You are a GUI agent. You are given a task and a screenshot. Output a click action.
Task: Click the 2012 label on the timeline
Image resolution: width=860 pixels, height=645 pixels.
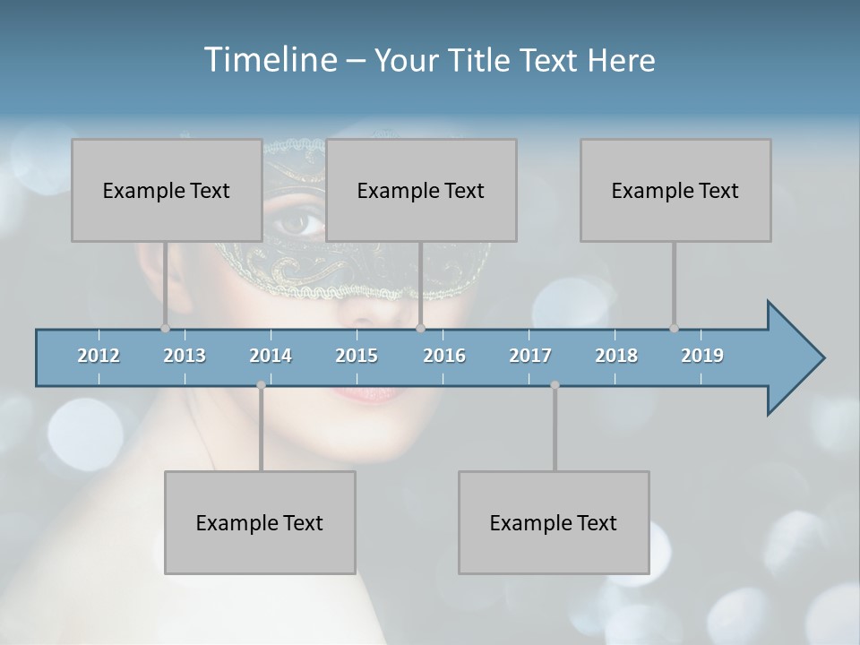(99, 356)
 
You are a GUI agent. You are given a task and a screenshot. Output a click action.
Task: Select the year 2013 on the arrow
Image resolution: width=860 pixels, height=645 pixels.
(185, 356)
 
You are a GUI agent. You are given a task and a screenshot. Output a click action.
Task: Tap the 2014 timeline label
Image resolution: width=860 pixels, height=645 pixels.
(271, 356)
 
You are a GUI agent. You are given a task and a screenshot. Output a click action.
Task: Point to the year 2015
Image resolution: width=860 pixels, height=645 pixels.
(357, 356)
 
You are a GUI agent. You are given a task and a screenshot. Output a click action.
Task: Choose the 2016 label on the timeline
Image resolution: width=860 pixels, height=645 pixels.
(444, 356)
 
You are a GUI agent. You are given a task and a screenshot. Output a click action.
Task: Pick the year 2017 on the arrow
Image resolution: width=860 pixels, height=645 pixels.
(530, 356)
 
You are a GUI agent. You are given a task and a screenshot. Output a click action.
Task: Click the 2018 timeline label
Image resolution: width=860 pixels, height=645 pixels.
(616, 356)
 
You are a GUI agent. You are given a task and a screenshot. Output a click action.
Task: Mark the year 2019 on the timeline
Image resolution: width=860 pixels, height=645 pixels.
(702, 356)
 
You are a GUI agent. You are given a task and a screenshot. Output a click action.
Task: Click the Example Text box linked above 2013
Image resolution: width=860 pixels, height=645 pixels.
(167, 190)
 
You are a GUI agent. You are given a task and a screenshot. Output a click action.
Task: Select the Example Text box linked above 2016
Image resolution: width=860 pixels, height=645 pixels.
(421, 190)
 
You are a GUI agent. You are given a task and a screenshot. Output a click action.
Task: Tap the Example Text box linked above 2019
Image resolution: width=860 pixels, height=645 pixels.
(675, 190)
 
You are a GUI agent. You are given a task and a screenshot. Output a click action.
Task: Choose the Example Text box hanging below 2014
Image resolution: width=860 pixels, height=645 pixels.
(260, 522)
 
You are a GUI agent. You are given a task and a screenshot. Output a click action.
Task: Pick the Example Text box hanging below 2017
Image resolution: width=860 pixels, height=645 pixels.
(554, 522)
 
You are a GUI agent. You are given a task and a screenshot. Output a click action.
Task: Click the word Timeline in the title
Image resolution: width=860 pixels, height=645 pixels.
(270, 60)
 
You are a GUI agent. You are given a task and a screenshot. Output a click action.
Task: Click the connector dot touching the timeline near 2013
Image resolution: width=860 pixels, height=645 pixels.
(165, 328)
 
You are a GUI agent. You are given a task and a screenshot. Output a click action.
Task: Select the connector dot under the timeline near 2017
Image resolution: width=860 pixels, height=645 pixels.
(555, 385)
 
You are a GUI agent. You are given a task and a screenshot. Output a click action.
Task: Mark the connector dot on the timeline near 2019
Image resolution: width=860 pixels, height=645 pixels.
(674, 328)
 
